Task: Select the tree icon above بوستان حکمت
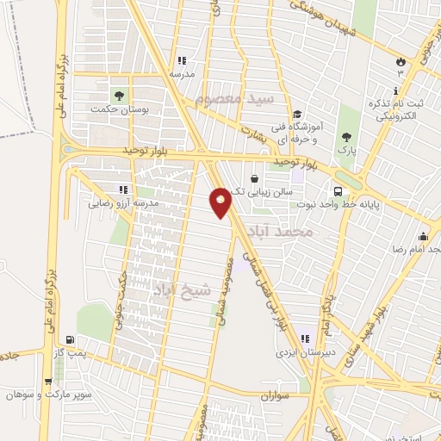(x=119, y=96)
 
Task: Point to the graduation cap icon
(x=297, y=114)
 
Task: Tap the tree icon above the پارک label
(x=346, y=136)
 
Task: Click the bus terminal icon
(x=338, y=191)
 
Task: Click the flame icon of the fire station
(x=401, y=61)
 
